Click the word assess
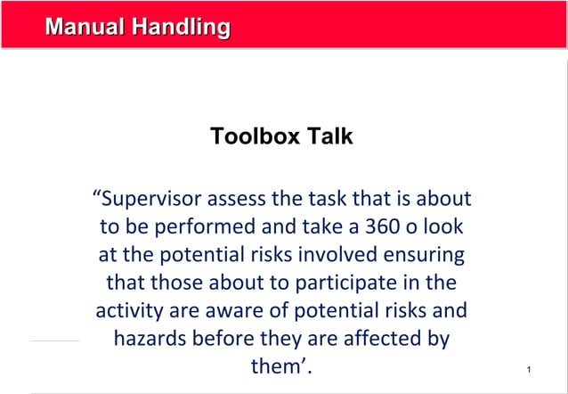click(x=247, y=197)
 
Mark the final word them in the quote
click(x=279, y=369)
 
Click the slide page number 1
click(x=529, y=369)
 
